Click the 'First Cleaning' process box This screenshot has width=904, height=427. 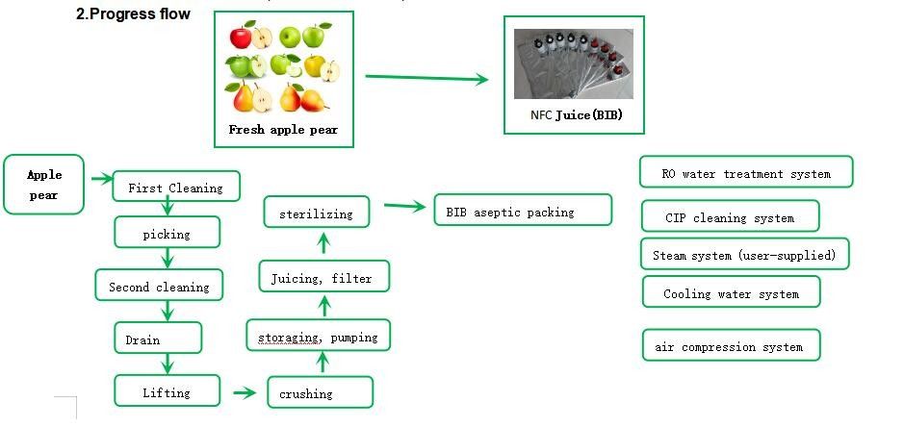pos(176,188)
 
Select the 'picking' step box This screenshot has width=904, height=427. pos(168,233)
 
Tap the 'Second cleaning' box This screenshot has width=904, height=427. pos(159,286)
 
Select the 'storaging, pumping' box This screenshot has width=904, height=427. pos(319,337)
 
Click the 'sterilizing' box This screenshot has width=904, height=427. pos(317,213)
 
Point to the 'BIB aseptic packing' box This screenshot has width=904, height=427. pos(523,211)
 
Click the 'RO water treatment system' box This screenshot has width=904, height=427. pos(746,173)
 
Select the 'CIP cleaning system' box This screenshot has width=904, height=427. pos(730,216)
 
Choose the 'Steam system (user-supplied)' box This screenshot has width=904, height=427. pos(745,255)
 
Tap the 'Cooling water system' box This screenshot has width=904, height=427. pos(732,292)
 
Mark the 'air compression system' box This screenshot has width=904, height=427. pos(731,345)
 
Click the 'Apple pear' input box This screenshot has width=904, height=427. pos(44,185)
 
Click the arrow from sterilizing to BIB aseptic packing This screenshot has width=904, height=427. pos(404,206)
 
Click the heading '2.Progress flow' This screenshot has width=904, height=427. pos(133,14)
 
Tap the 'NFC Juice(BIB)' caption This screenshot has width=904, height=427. pos(575,115)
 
